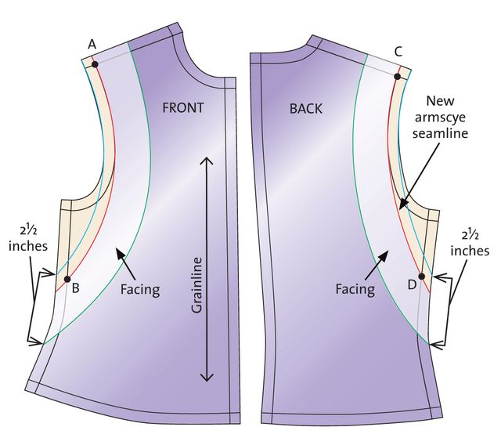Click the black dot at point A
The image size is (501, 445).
coord(95,64)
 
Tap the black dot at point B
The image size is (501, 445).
coord(67,279)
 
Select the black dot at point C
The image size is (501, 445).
coord(397,77)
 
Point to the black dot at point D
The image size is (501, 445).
coord(421,277)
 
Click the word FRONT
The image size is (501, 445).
coord(182,108)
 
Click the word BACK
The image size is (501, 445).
coord(306,109)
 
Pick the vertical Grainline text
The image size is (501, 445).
coord(196,285)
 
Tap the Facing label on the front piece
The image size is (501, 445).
coord(140,290)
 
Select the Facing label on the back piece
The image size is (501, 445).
coord(355,289)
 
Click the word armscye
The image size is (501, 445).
coord(440,118)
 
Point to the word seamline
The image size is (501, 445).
coord(440,133)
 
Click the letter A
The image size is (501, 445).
coord(92,44)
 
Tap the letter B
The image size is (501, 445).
coord(75,288)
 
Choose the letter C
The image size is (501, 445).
coord(398,52)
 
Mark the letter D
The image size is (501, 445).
coord(413,284)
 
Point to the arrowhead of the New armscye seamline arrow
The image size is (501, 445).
coord(403,204)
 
